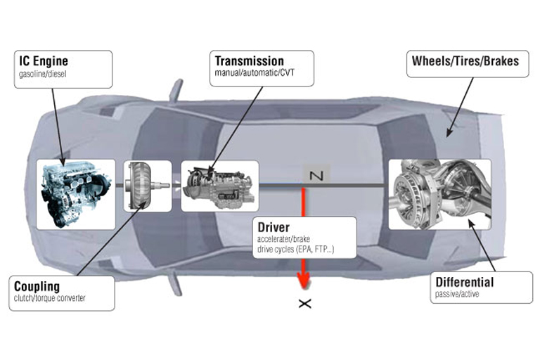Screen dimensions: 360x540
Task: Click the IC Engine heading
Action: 44,61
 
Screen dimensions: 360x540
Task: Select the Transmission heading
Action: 249,61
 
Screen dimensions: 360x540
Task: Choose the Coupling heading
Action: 37,287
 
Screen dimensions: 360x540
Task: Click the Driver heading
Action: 272,227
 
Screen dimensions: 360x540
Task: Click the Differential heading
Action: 464,283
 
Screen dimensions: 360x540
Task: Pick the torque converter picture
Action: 147,186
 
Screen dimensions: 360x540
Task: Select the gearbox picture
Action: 219,186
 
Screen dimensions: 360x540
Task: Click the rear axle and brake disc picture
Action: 439,193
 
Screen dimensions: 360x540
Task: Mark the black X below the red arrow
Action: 304,304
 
